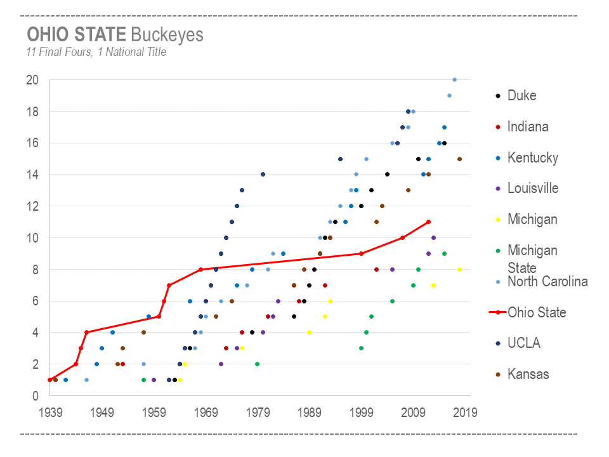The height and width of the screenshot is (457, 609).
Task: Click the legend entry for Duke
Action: click(521, 96)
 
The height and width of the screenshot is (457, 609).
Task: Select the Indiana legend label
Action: click(527, 127)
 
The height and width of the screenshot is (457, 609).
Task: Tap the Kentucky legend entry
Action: click(532, 158)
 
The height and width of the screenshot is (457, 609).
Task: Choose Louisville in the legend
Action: click(533, 189)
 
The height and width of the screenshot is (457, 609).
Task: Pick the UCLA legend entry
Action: click(523, 343)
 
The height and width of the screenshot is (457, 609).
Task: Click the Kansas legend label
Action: click(528, 374)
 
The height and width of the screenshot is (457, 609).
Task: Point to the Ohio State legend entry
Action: click(536, 312)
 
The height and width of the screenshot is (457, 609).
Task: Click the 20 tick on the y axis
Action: click(32, 80)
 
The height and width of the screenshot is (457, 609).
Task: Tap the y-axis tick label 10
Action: click(32, 238)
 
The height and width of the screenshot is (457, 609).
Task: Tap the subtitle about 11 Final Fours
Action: click(96, 52)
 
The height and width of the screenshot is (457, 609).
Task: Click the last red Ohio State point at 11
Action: click(429, 222)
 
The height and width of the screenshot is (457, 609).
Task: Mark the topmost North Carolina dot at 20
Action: click(454, 79)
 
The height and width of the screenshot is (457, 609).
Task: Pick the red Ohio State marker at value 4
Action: click(86, 332)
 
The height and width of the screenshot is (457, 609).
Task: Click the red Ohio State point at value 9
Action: click(361, 253)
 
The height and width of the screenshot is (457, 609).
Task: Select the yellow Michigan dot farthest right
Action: click(459, 269)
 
